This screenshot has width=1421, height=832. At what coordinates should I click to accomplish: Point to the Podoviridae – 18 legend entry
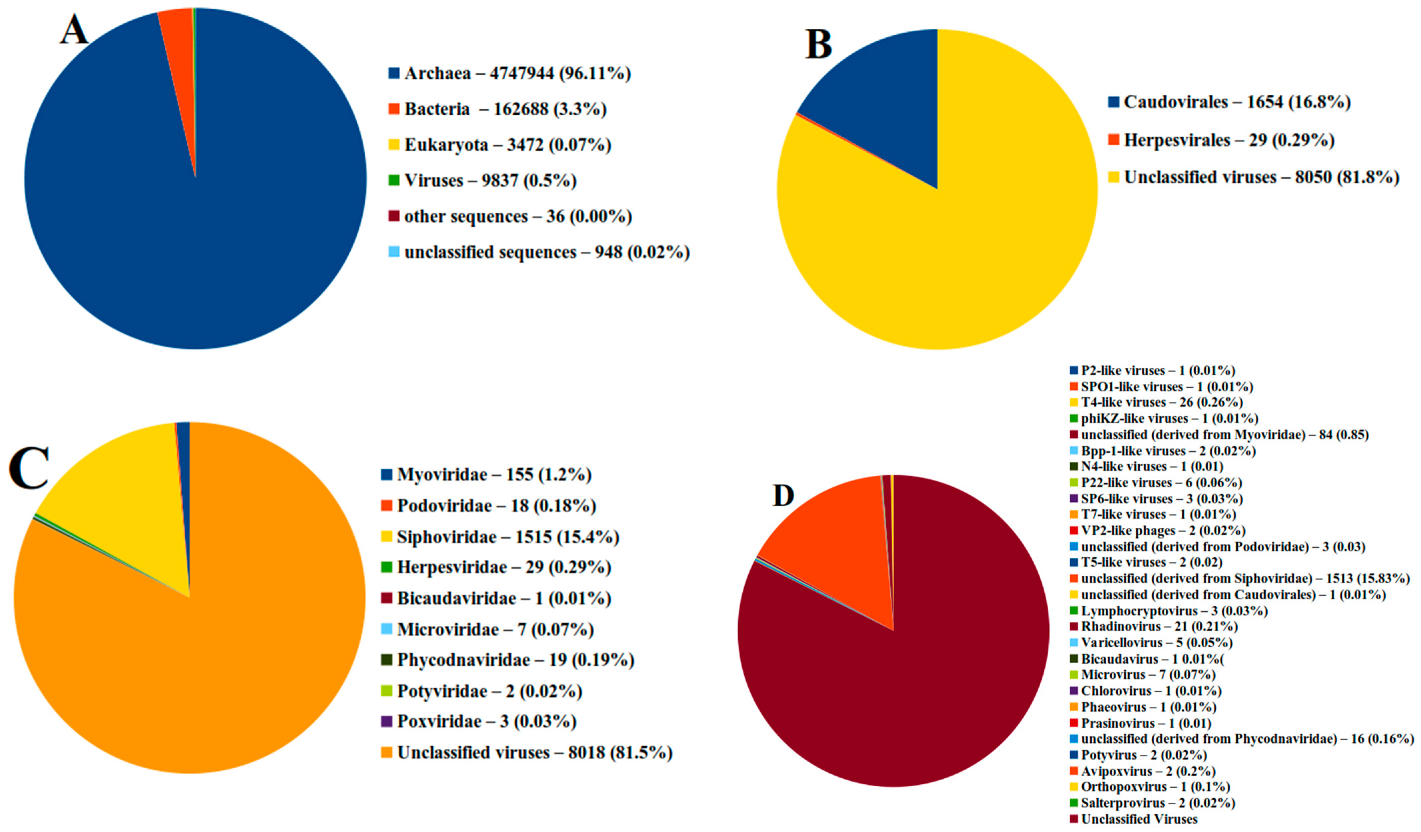pos(496,505)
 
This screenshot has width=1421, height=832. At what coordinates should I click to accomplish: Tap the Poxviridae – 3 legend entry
pos(486,721)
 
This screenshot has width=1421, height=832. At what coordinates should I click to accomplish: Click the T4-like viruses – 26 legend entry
pos(1161,403)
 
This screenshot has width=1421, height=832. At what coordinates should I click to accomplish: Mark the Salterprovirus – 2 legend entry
pos(1157,803)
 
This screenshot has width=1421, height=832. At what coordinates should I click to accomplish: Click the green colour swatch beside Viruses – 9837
pos(394,180)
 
